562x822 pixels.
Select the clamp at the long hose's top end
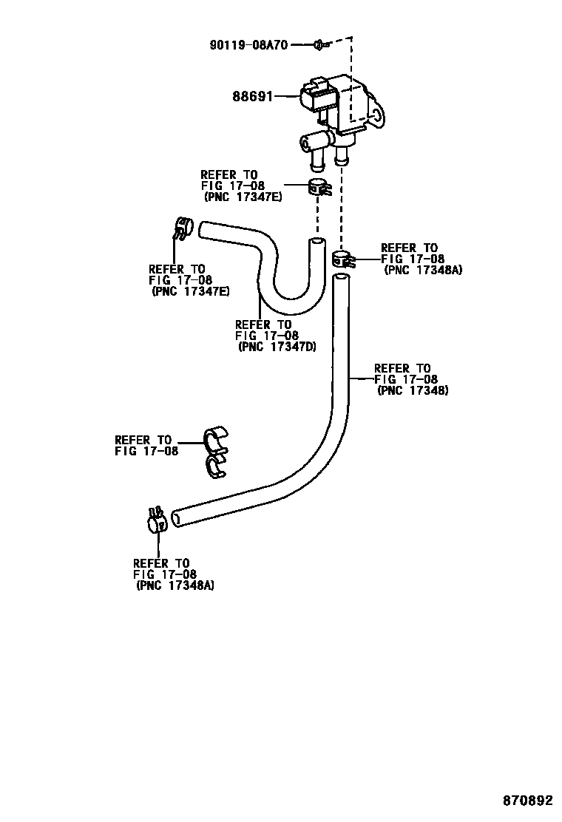[x=342, y=259]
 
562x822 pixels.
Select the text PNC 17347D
[x=277, y=346]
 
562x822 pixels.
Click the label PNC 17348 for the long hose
[x=413, y=390]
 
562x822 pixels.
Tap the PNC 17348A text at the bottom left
[x=175, y=585]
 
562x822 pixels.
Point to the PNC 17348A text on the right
[x=423, y=270]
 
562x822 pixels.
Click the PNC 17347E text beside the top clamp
[x=243, y=197]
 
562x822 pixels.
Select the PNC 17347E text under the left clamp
[x=190, y=291]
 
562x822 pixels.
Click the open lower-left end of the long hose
[x=177, y=517]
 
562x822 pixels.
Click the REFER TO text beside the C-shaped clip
[x=143, y=440]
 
